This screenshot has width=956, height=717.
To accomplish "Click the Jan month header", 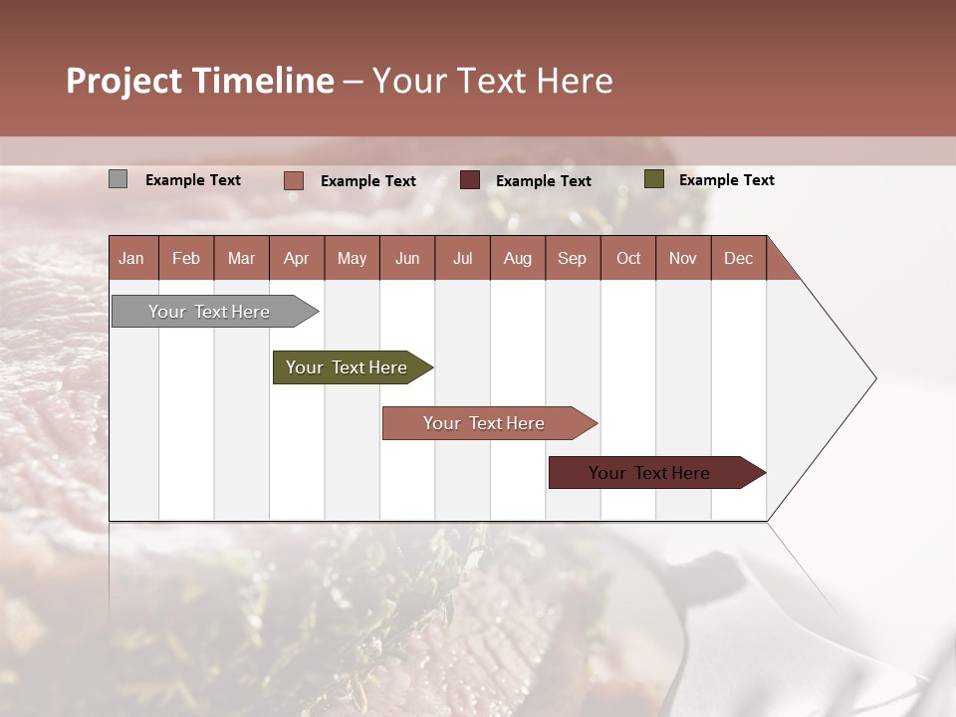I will pos(131,258).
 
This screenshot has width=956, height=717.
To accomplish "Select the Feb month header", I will pos(186,258).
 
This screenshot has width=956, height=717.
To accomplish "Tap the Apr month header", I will pos(296,258).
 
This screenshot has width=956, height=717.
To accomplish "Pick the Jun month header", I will pos(407,258).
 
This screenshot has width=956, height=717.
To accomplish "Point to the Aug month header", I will pos(517,258).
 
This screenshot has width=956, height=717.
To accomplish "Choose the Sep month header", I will pos(572,258).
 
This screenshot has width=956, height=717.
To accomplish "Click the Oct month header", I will pos(628,258).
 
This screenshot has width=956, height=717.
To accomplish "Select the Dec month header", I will pos(738,258).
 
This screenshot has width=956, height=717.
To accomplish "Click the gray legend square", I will pos(118,179).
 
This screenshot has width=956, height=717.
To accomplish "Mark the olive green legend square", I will pos(653,179).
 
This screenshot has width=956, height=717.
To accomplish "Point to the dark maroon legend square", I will pos(470,180).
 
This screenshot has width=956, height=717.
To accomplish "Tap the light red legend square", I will pos(293,180).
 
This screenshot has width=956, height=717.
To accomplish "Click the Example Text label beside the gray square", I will pos(193,180).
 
